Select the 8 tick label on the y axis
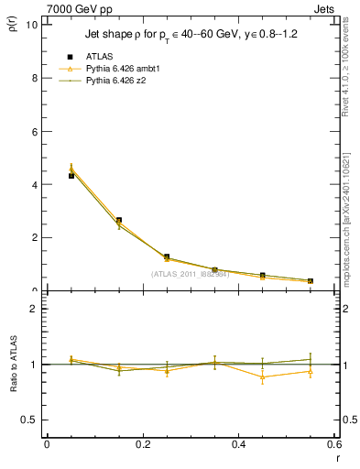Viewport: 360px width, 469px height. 35,78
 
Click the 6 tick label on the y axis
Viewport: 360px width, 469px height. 35,131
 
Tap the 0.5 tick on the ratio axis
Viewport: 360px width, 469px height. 30,420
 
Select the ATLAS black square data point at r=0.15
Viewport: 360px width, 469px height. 119,220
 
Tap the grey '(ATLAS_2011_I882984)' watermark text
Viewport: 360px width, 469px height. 191,274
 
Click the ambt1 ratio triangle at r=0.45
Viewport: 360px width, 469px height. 263,376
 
